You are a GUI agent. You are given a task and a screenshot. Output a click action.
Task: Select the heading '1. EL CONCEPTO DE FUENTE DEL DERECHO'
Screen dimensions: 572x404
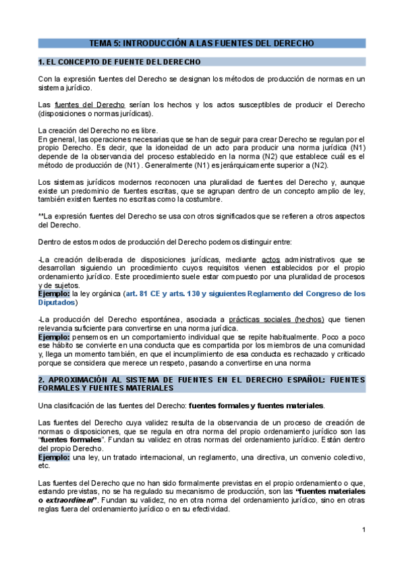pyautogui.click(x=119, y=62)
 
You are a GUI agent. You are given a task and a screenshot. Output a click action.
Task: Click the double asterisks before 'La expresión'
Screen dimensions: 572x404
pyautogui.click(x=40, y=215)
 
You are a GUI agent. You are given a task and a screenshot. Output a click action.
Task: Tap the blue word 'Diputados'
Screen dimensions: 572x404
pyautogui.click(x=59, y=302)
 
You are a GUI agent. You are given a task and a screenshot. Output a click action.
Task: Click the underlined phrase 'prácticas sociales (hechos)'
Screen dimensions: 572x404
pyautogui.click(x=284, y=319)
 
